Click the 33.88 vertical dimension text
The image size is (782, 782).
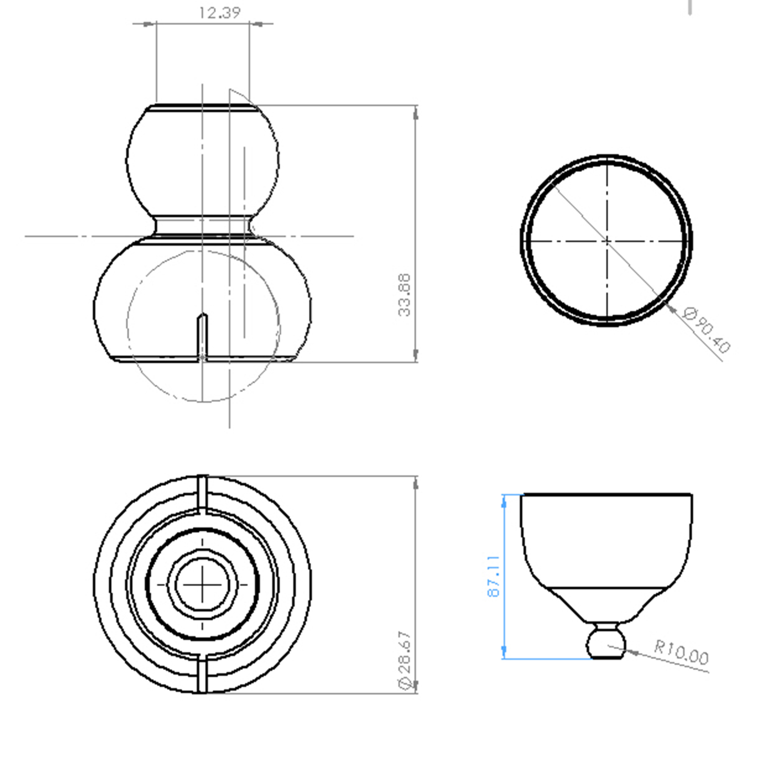pyautogui.click(x=404, y=295)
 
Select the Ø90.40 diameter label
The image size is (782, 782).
pyautogui.click(x=707, y=330)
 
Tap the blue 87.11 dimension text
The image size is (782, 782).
pyautogui.click(x=493, y=577)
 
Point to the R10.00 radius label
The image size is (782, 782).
pyautogui.click(x=682, y=652)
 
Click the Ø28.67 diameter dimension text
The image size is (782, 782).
pyautogui.click(x=405, y=659)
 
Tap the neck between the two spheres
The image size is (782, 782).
pyautogui.click(x=203, y=226)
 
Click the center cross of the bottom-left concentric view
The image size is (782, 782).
pyautogui.click(x=203, y=585)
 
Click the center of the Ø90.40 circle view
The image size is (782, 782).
pyautogui.click(x=607, y=241)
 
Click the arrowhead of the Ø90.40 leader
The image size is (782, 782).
pyautogui.click(x=670, y=308)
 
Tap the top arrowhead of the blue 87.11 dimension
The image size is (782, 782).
pyautogui.click(x=504, y=502)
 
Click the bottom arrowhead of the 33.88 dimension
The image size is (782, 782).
pyautogui.click(x=416, y=355)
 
